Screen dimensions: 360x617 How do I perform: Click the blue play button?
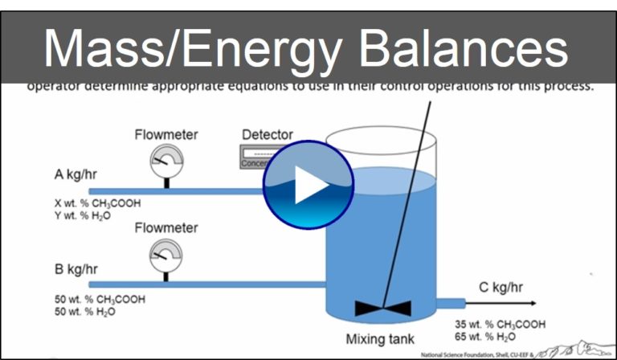coord(308,184)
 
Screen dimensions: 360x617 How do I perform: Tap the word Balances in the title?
coord(464,49)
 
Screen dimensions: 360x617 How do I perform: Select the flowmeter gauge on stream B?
coord(166,256)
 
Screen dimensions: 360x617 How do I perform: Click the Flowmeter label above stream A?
coord(166,134)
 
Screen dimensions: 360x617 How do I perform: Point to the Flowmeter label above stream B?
coord(166,228)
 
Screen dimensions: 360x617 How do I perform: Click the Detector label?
coord(268,134)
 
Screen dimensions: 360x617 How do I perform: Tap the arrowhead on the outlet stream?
coord(531,303)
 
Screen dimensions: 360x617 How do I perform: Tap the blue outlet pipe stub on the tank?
coord(452,303)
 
